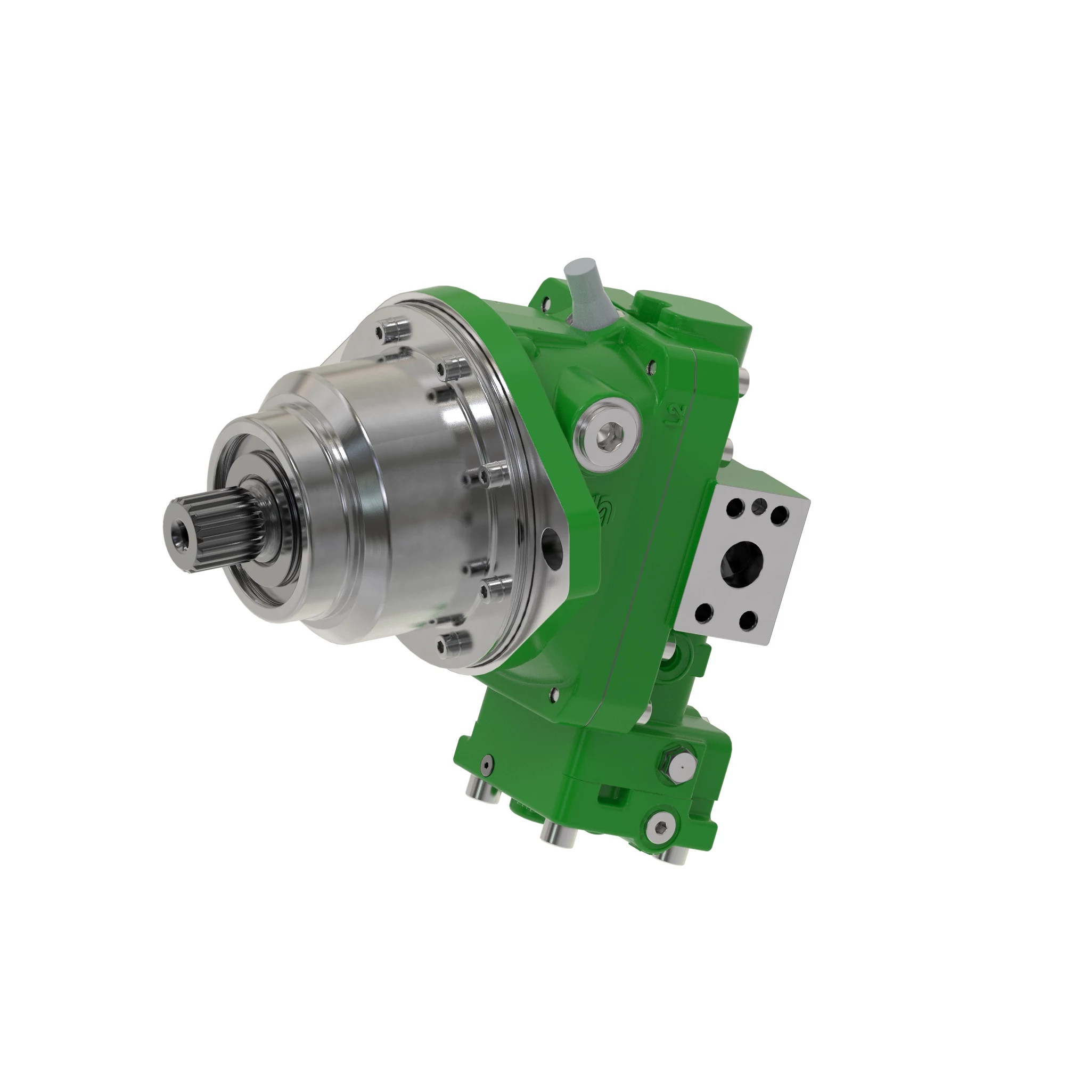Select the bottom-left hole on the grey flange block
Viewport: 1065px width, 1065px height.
[702, 611]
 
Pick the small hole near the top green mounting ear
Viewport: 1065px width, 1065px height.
[546, 302]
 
